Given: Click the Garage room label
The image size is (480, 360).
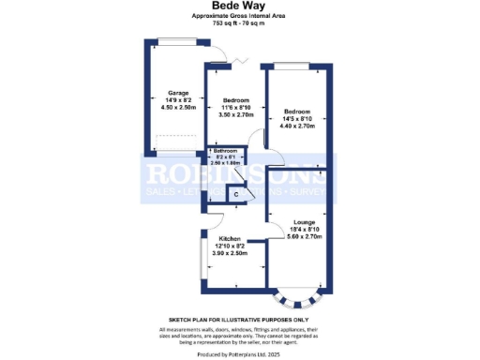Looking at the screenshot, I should (x=178, y=93).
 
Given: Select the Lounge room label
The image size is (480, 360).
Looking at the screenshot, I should (x=302, y=220).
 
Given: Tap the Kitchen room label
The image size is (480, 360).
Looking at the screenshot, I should (x=231, y=238).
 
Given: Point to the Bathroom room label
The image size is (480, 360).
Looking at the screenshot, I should (x=226, y=151).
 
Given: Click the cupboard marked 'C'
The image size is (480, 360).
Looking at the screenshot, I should (x=236, y=194).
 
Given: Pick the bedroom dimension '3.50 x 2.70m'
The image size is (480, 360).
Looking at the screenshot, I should (x=235, y=116).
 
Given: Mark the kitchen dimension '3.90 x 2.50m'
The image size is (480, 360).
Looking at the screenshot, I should (x=231, y=253).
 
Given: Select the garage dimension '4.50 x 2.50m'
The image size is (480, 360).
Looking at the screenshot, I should (x=178, y=108).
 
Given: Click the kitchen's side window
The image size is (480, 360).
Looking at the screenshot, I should (x=201, y=259).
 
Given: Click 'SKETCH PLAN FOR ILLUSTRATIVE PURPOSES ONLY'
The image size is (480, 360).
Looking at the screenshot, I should (x=239, y=320).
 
